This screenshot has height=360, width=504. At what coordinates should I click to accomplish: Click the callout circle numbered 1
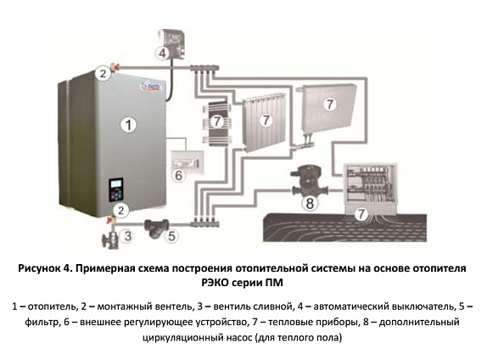(129, 125)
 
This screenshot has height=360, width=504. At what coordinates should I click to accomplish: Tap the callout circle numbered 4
(163, 53)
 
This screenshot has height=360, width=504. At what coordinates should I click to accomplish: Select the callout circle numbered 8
(310, 203)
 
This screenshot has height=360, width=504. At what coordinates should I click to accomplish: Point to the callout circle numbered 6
(179, 176)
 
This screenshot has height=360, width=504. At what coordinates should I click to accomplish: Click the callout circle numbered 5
(171, 236)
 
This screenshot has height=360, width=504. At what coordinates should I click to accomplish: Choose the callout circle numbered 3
(127, 236)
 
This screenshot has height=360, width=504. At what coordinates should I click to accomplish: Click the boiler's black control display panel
(116, 190)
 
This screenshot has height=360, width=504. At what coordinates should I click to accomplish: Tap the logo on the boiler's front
(152, 86)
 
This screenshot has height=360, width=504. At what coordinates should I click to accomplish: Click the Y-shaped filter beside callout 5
(157, 228)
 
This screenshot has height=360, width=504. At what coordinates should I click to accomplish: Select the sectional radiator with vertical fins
(264, 121)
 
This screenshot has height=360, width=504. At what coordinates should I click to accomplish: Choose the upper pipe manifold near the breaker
(204, 68)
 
